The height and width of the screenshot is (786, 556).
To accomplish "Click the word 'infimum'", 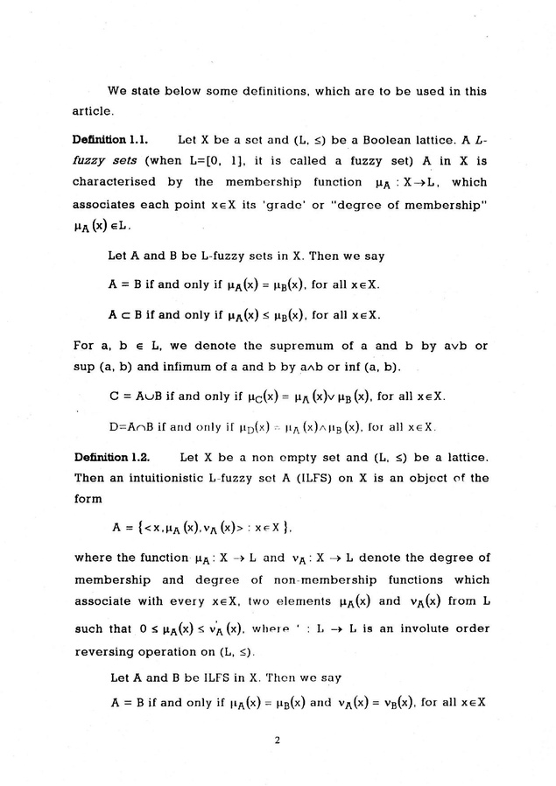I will click(x=161, y=368).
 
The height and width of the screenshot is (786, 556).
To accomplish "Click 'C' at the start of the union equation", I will click(x=115, y=397).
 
